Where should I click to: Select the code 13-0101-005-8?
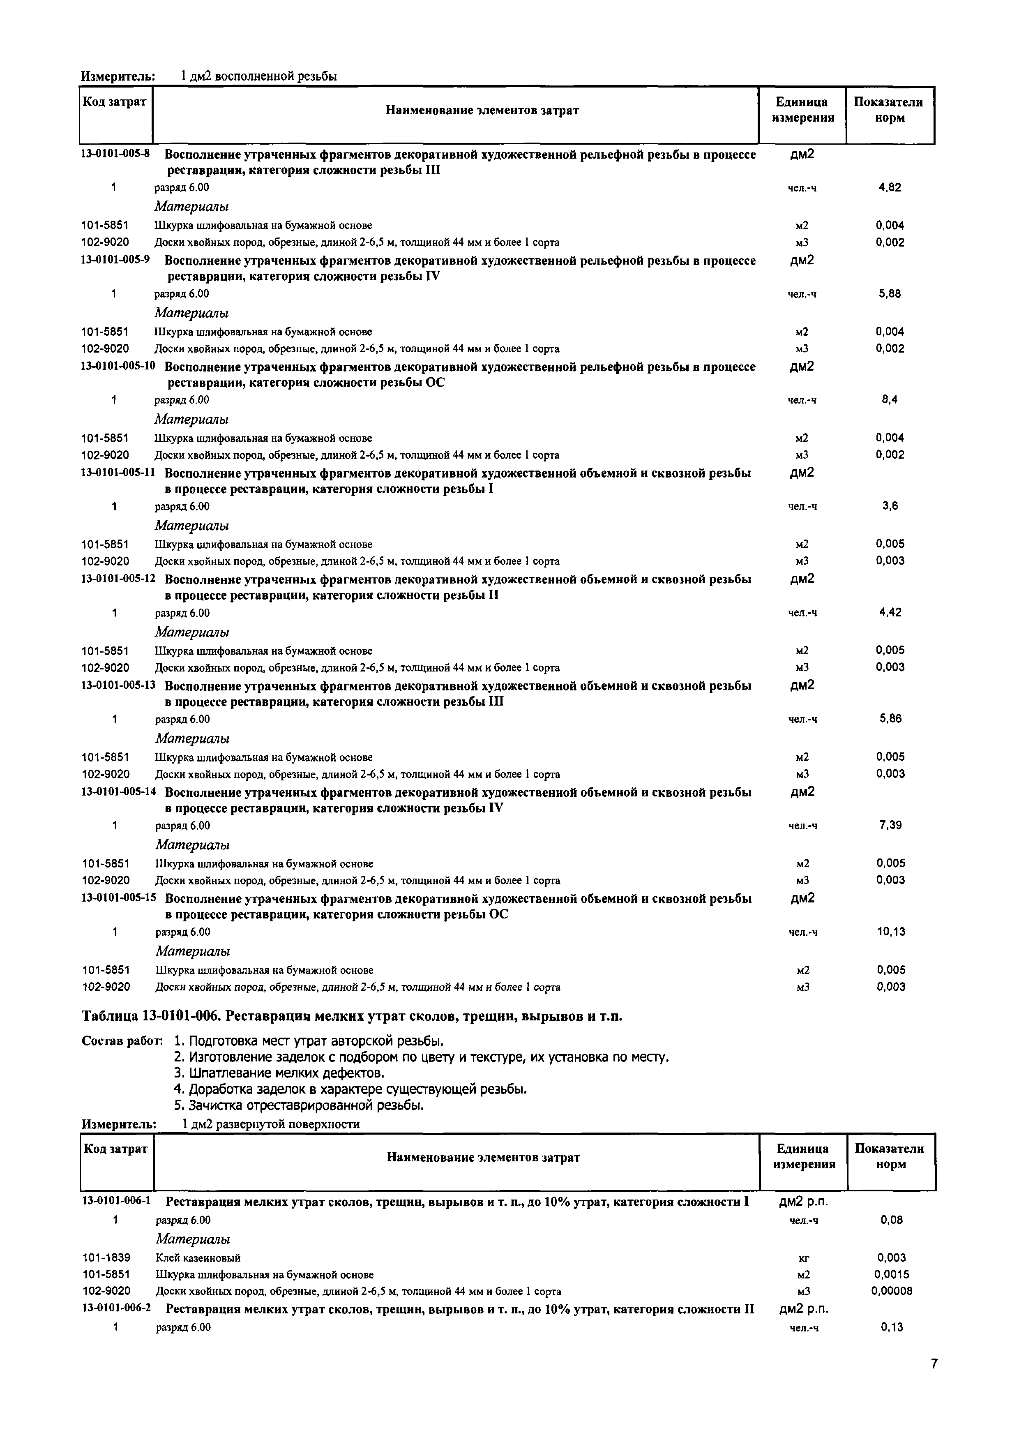(x=115, y=154)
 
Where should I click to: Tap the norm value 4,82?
(x=890, y=187)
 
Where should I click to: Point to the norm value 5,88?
(x=890, y=293)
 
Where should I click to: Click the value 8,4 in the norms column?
(x=890, y=399)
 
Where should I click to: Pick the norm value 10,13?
(x=891, y=931)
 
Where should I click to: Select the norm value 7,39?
(x=890, y=825)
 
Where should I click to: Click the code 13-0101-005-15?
(x=119, y=898)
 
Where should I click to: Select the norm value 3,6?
(x=890, y=505)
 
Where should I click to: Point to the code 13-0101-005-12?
(x=118, y=579)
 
